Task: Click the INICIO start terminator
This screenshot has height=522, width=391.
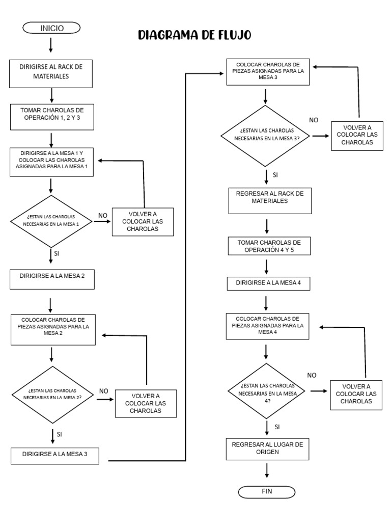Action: pos(51,29)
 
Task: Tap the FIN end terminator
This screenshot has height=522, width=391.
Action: pos(266,492)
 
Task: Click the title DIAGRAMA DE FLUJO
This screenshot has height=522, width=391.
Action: pos(194,35)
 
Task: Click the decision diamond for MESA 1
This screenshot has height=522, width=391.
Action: pos(51,220)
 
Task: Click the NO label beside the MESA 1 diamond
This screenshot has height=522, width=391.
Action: pos(102,216)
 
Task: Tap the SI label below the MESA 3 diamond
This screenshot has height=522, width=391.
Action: pos(275,175)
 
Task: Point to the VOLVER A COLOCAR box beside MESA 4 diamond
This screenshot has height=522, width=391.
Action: pos(356,394)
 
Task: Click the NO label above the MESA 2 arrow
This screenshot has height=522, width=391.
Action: pos(104,391)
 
